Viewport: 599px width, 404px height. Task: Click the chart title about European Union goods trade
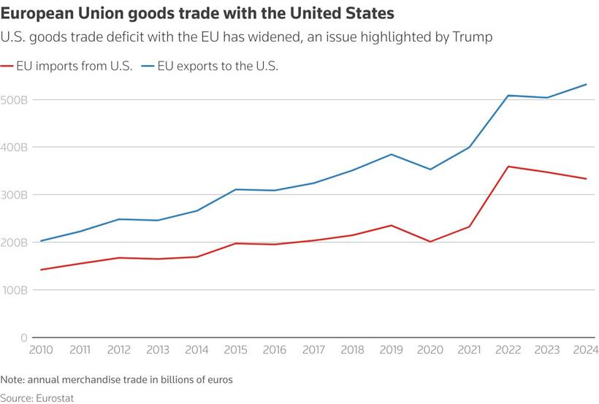coord(197,12)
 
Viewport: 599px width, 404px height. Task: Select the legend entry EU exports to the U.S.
coord(220,66)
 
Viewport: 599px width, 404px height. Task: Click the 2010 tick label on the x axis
coord(40,351)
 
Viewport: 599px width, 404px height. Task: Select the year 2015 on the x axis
coord(235,351)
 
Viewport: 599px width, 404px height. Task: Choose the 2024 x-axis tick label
coord(584,351)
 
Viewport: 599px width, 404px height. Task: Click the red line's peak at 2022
coord(508,167)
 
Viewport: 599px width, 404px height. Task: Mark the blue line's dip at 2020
coord(430,169)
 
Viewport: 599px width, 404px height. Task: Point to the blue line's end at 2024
coord(586,85)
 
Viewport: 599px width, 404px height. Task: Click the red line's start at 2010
coord(41,270)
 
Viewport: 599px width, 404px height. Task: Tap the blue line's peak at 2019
coord(392,154)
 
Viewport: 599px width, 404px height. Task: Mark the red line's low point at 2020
coord(430,242)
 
